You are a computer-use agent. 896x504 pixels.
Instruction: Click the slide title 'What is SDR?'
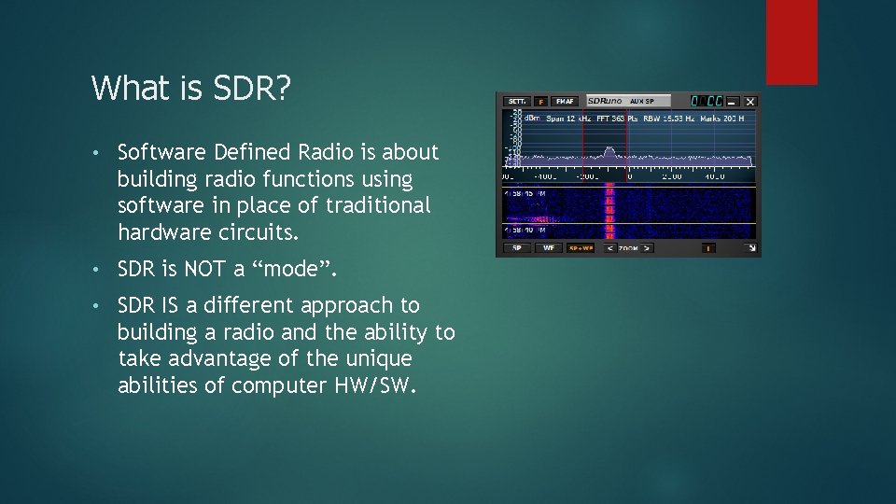[x=191, y=89]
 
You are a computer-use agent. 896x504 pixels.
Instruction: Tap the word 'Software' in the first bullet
[x=157, y=152]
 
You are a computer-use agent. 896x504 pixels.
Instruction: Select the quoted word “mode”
[x=298, y=270]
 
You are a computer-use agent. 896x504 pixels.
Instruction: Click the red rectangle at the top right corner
[x=791, y=42]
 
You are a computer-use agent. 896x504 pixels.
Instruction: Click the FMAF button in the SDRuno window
[x=565, y=101]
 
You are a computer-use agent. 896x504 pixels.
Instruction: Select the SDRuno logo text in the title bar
[x=602, y=101]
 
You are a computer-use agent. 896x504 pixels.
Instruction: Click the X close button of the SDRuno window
[x=749, y=101]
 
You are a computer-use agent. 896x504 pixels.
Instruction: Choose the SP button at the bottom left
[x=515, y=248]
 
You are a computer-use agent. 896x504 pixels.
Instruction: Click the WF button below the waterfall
[x=549, y=248]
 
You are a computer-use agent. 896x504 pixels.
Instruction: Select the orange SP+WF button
[x=580, y=248]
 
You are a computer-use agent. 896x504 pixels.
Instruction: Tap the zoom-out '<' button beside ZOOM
[x=609, y=248]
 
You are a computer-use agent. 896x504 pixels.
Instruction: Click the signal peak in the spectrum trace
[x=609, y=149]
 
